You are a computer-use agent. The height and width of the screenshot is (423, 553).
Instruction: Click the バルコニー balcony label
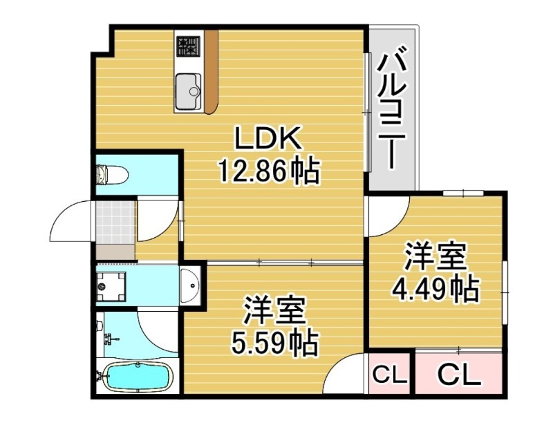[391, 107]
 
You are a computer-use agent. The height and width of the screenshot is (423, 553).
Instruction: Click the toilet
[111, 174]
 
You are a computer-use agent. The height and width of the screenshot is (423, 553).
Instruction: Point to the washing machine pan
[110, 283]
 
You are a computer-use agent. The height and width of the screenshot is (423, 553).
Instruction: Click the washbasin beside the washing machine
[189, 283]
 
